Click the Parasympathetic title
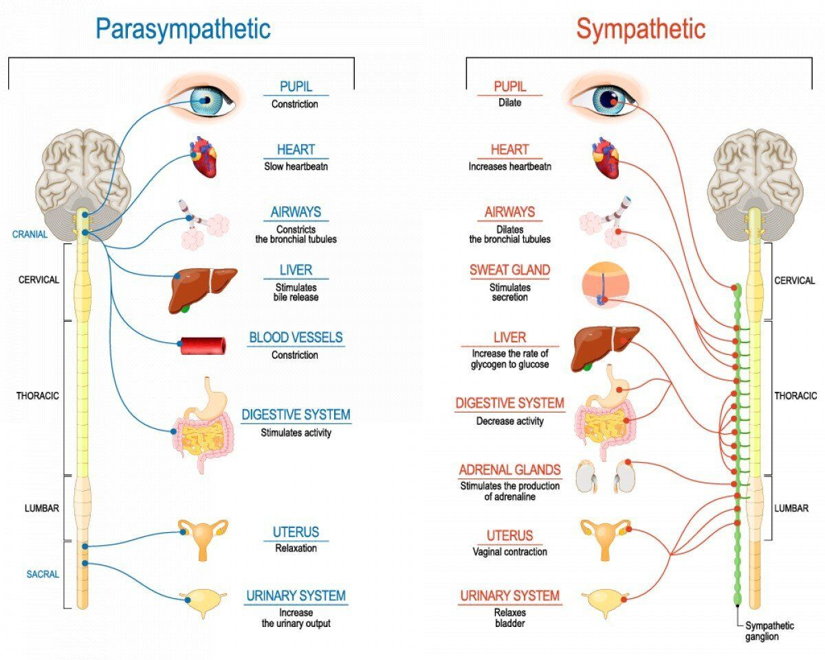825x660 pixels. click(x=182, y=29)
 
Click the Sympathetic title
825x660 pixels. click(x=641, y=29)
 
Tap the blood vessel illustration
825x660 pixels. click(x=203, y=345)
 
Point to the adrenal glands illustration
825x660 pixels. click(x=604, y=476)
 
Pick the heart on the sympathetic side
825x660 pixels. click(x=606, y=159)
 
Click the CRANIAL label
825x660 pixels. click(x=30, y=234)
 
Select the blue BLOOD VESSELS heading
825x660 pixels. click(x=296, y=338)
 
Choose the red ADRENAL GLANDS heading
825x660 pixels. click(x=509, y=470)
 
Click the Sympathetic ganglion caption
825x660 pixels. click(x=769, y=631)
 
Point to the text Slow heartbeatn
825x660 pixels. click(x=295, y=166)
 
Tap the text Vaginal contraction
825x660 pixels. click(x=509, y=551)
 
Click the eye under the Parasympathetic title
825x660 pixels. click(x=204, y=100)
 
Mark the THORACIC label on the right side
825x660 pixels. click(x=795, y=396)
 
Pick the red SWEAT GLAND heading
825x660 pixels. click(x=509, y=270)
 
